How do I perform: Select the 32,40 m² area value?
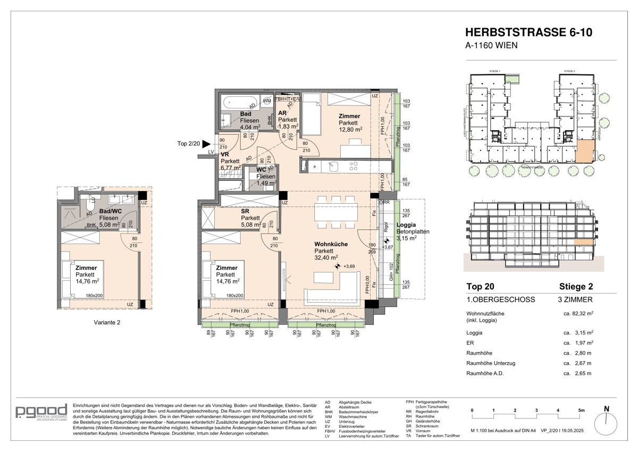pyautogui.click(x=327, y=258)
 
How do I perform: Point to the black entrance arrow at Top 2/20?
pyautogui.click(x=206, y=144)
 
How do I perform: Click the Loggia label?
pyautogui.click(x=406, y=225)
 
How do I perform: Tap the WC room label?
pyautogui.click(x=261, y=170)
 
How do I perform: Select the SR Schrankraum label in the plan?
pyautogui.click(x=245, y=211)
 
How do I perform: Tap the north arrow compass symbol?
pyautogui.click(x=606, y=423)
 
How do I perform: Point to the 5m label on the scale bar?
pyautogui.click(x=581, y=411)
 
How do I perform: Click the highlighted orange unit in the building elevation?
pyautogui.click(x=585, y=241)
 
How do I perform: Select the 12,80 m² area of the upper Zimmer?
pyautogui.click(x=350, y=129)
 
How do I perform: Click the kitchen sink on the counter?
pyautogui.click(x=333, y=166)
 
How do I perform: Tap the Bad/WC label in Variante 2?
pyautogui.click(x=109, y=211)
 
